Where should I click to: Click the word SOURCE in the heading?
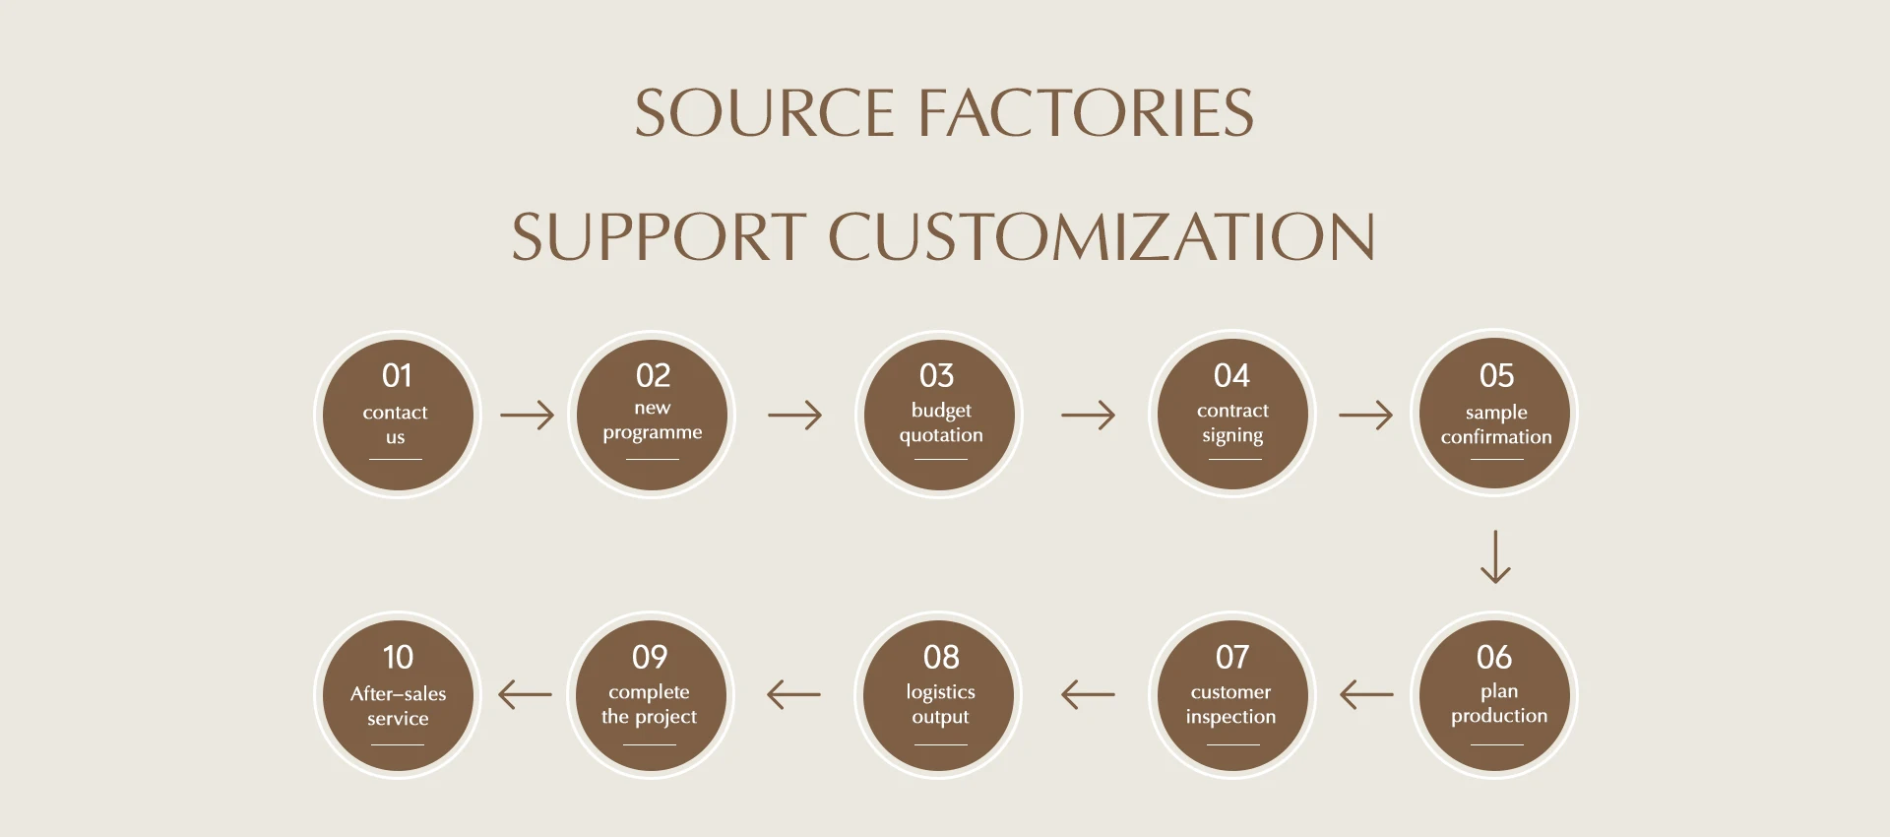click(x=764, y=112)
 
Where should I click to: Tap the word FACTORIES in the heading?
click(x=1087, y=112)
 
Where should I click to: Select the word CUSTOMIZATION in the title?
click(x=1102, y=236)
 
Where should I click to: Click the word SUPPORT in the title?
click(x=659, y=236)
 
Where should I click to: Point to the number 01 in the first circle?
click(x=397, y=375)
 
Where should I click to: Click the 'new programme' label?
click(x=653, y=421)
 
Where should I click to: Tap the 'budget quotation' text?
click(x=941, y=423)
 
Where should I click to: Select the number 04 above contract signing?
click(x=1231, y=375)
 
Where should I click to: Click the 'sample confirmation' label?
click(x=1496, y=424)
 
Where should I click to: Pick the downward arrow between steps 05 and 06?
click(x=1495, y=557)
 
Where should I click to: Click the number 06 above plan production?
click(x=1494, y=657)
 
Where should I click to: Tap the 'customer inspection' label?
click(x=1230, y=705)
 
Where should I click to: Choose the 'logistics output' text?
click(x=941, y=705)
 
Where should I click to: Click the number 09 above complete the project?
click(x=650, y=657)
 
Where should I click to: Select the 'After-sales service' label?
click(x=398, y=706)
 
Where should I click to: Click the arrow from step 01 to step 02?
click(x=528, y=415)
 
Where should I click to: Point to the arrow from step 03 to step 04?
click(x=1089, y=415)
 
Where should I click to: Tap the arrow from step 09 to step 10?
click(x=525, y=694)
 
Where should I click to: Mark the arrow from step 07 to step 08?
click(x=1088, y=694)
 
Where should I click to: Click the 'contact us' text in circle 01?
click(x=395, y=424)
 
